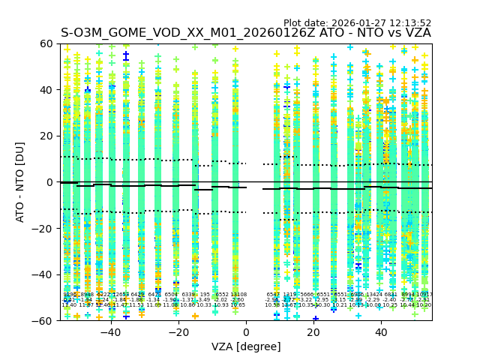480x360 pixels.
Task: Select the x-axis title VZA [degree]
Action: tap(246, 346)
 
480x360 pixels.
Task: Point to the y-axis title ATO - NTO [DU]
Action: tap(20, 182)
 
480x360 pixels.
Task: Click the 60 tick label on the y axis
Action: tap(47, 44)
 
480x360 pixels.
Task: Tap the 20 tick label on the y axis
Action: tap(47, 136)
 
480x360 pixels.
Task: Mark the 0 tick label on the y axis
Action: tap(50, 182)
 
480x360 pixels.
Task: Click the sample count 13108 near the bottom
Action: tap(238, 295)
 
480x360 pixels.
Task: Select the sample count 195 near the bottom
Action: tap(205, 295)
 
